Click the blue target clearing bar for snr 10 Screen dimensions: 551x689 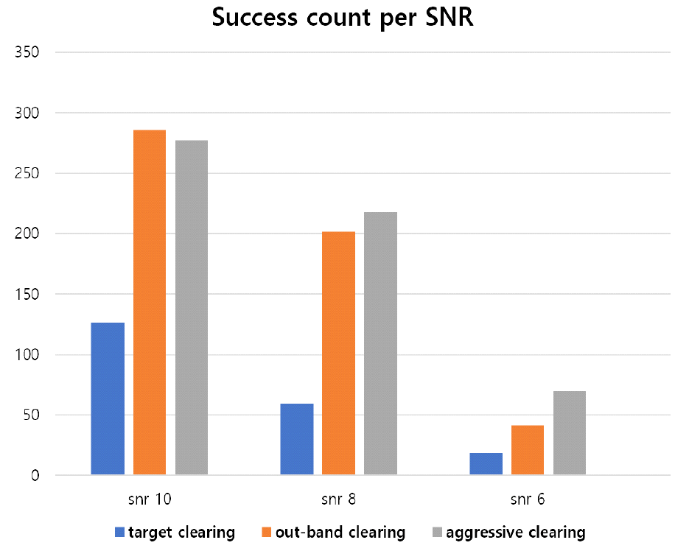tap(108, 399)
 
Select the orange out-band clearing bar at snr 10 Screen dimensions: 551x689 tap(150, 302)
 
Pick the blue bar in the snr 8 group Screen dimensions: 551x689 tap(297, 439)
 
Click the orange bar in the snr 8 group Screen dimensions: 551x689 tap(339, 353)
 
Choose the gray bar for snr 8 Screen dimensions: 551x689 tap(381, 343)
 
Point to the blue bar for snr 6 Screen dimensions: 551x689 tap(486, 463)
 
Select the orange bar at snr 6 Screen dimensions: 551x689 tap(528, 450)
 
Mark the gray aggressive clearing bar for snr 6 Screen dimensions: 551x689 tap(570, 432)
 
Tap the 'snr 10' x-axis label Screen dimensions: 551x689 tap(150, 499)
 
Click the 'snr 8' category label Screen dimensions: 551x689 tap(339, 499)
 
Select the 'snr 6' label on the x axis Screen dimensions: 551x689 tap(528, 499)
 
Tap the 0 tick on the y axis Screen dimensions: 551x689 tap(34, 476)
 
